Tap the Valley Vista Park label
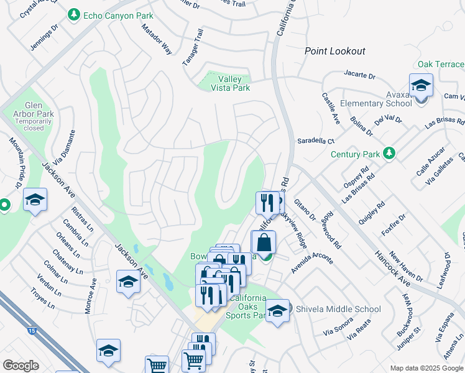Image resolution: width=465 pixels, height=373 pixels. tap(234, 83)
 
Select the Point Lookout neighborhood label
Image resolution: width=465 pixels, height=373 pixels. tap(334, 51)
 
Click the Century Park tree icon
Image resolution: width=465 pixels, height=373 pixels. tap(390, 154)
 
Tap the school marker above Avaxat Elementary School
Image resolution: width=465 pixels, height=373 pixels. tap(421, 85)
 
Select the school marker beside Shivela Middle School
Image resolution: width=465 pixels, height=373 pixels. tap(277, 310)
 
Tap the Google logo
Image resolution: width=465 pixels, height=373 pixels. tap(21, 365)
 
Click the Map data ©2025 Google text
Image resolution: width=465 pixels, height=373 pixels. tap(426, 368)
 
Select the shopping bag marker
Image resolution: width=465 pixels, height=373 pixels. tap(264, 242)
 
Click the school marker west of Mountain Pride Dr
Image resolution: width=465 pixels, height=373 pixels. tap(35, 200)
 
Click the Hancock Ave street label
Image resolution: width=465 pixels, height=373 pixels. tap(391, 266)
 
